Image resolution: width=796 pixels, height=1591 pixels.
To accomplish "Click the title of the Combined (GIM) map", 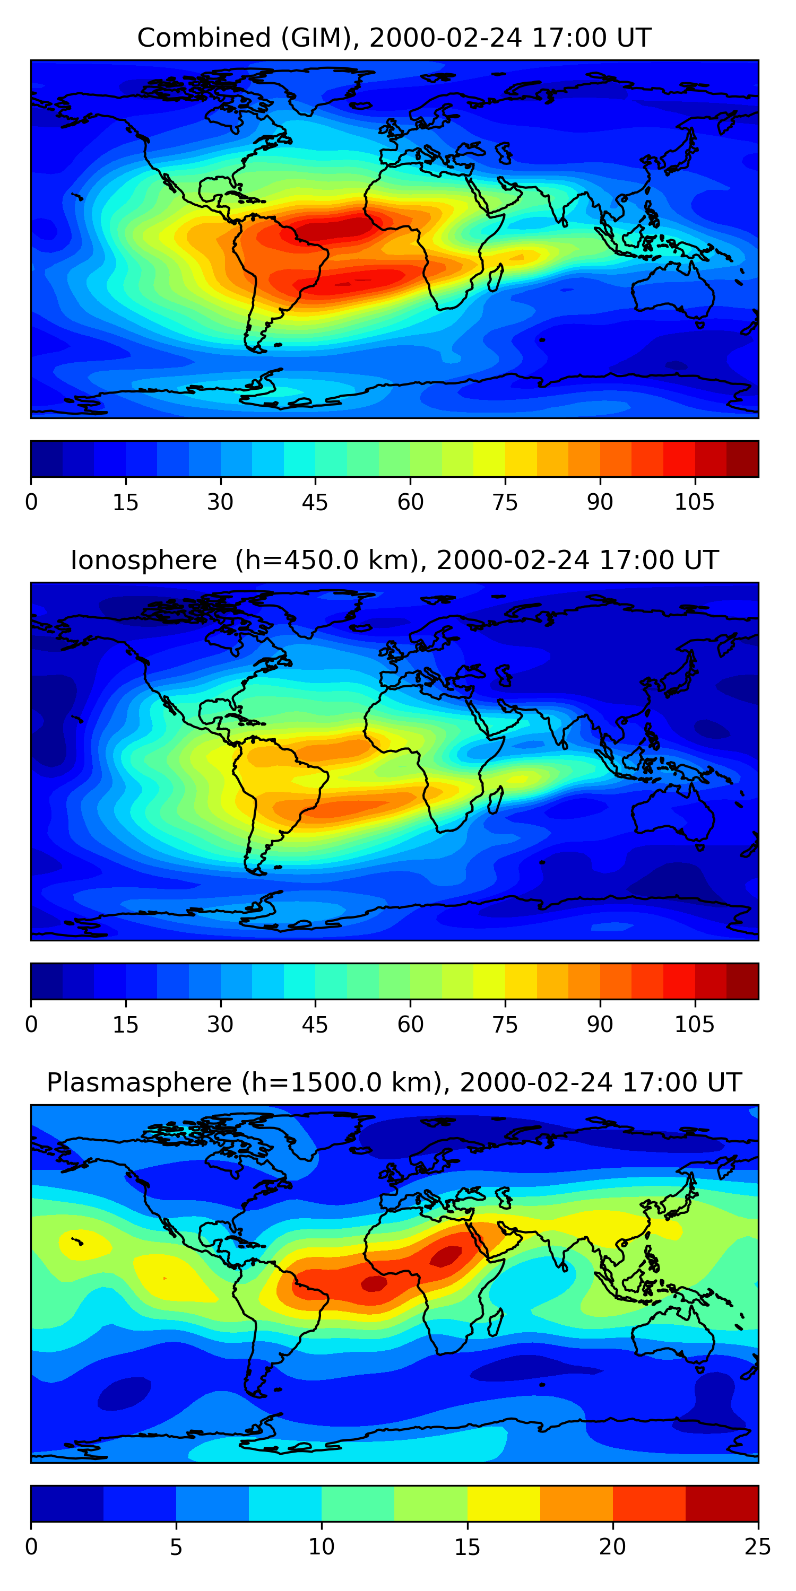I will [394, 38].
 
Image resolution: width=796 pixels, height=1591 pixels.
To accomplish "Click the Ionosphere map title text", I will [394, 560].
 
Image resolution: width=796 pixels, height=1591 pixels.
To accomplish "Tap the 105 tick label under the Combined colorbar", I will [694, 502].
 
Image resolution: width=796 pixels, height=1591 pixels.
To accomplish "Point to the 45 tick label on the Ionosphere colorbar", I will [315, 1025].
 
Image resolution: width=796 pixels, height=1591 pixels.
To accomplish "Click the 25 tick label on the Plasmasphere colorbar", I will [757, 1547].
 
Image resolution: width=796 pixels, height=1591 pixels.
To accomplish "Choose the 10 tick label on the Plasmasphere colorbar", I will [322, 1547].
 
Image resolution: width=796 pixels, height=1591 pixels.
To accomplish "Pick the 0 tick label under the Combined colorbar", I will [31, 502].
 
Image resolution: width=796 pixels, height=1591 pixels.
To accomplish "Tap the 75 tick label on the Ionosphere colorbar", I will [505, 1025].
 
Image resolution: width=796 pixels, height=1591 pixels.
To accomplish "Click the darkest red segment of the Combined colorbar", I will [742, 459].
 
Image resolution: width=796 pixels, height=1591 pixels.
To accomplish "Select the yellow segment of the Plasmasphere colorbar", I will [504, 1504].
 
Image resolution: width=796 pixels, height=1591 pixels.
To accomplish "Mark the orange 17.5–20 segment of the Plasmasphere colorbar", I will [577, 1504].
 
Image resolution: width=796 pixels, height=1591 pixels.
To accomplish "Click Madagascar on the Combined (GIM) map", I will [496, 278].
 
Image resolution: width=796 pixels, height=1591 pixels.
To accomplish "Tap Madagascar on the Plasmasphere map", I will [496, 1323].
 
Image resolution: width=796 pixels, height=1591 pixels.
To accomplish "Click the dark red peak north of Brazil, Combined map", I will [334, 229].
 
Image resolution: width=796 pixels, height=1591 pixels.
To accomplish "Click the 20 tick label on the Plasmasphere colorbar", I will [612, 1547].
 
